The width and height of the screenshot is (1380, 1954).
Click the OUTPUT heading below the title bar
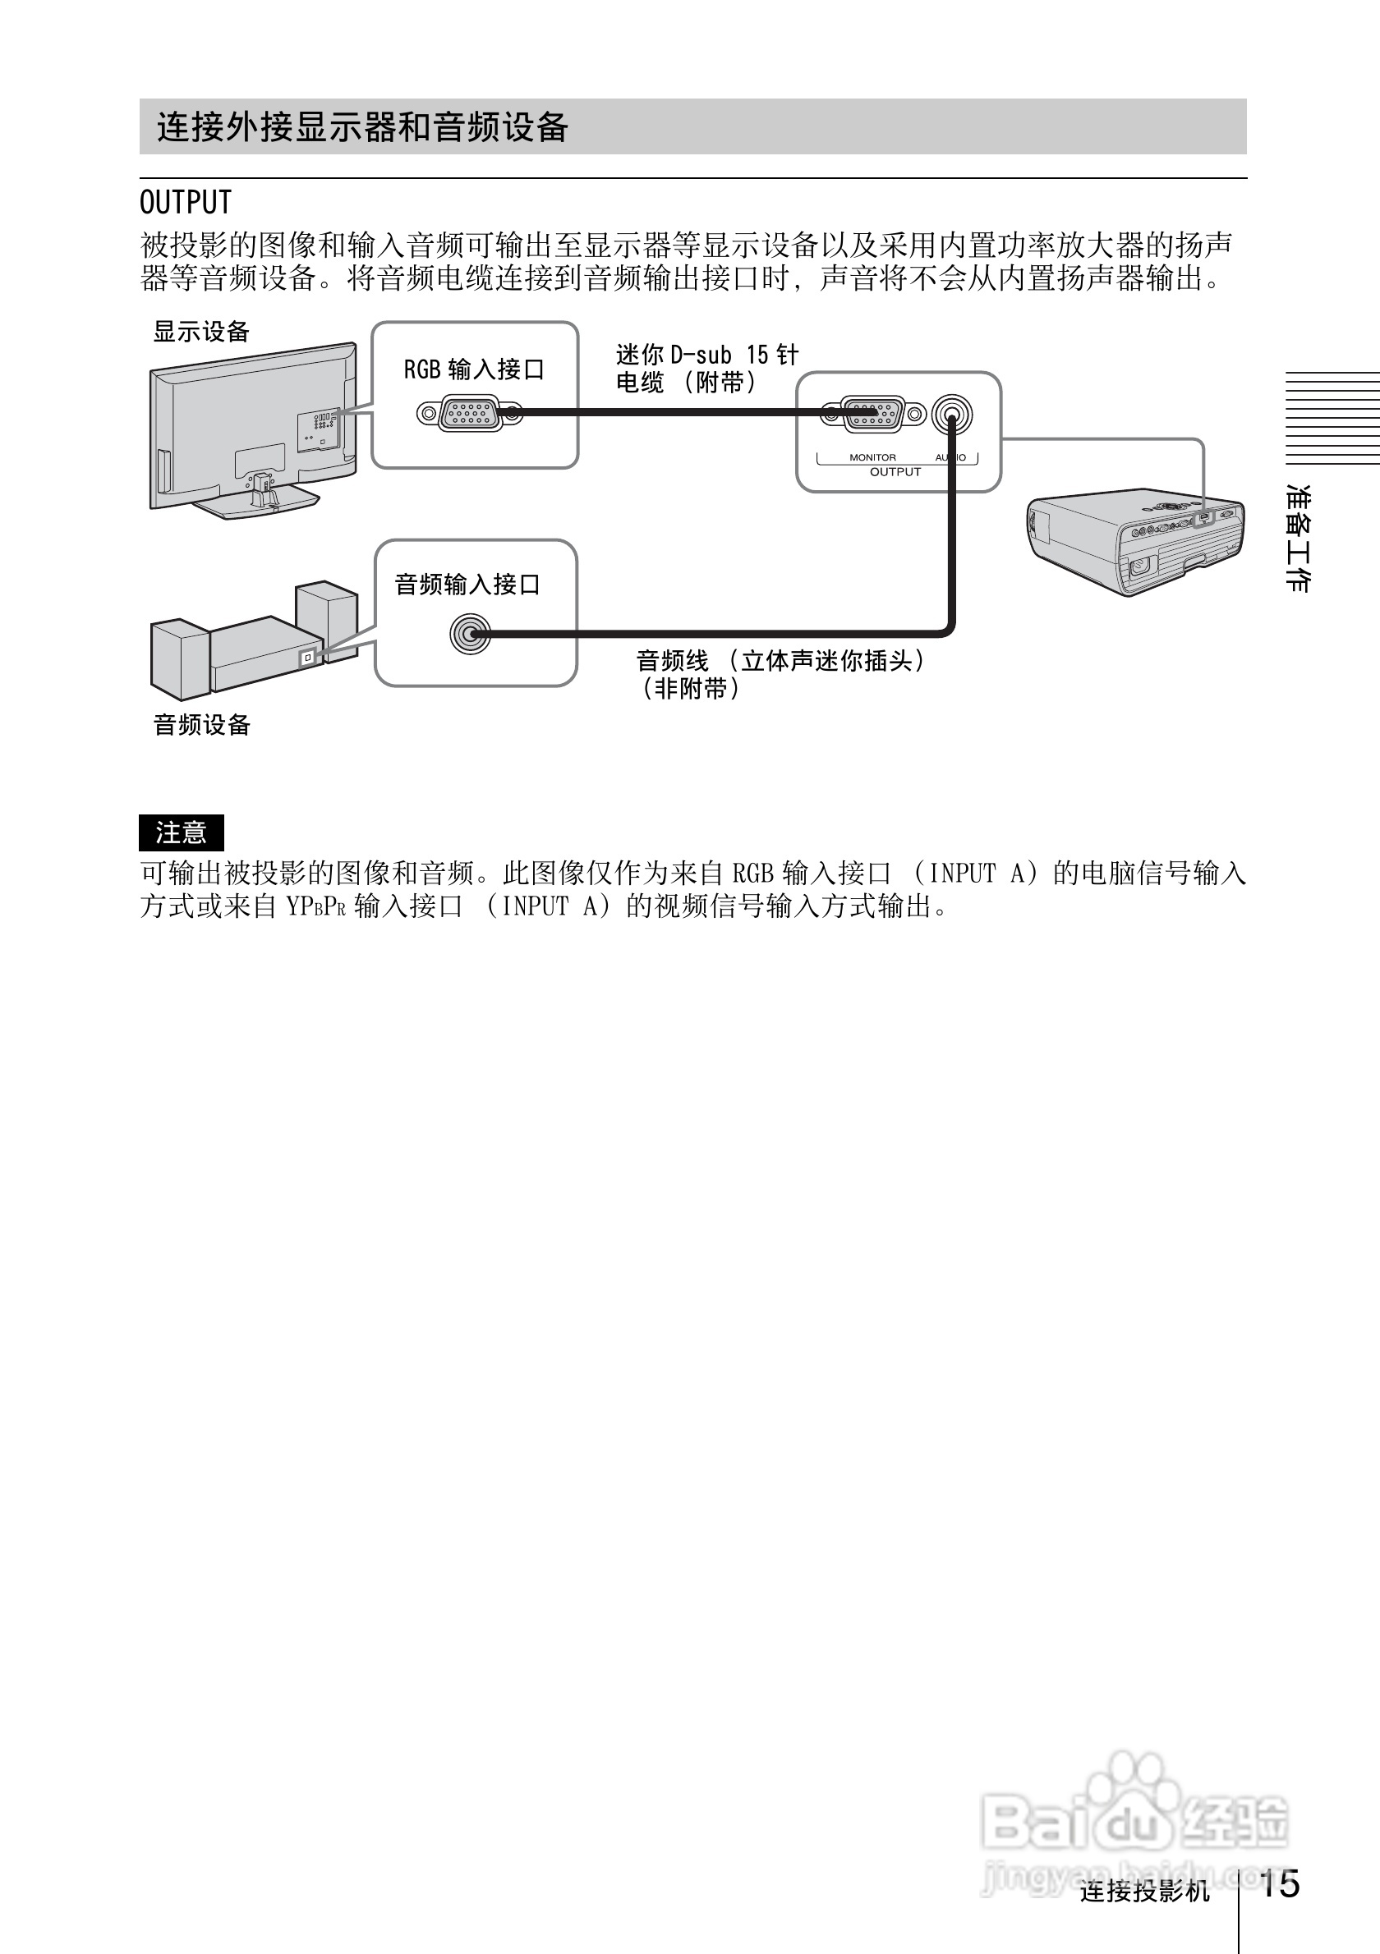pos(186,203)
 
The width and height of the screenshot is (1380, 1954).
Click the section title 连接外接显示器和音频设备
pos(361,127)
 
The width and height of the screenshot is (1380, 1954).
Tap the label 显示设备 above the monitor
pos(201,332)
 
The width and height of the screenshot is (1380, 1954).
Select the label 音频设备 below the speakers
pos(202,725)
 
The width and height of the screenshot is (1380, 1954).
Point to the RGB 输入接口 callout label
pos(473,369)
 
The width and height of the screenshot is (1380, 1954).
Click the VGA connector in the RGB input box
pos(469,414)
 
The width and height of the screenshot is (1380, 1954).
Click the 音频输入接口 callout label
pos(467,585)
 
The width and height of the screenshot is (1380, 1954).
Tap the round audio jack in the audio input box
pos(470,634)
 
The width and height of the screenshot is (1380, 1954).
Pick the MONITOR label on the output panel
pos(872,458)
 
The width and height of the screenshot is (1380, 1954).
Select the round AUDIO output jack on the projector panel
pos(952,416)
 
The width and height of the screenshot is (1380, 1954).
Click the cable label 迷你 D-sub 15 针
pos(706,355)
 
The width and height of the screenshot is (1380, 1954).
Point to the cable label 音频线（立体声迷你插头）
pos(781,660)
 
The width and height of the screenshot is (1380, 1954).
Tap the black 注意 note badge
pos(182,833)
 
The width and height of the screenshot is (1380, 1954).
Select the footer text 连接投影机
pos(1144,1891)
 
